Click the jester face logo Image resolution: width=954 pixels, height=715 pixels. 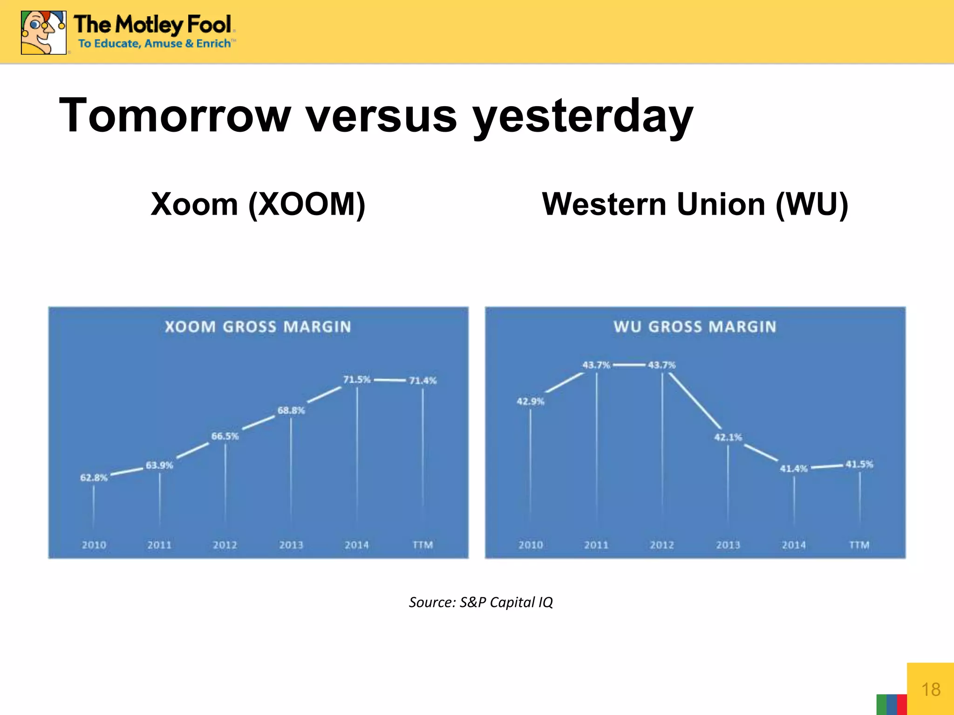43,33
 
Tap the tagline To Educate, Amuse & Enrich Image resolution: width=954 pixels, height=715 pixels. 155,44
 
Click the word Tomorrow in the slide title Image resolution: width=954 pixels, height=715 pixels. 175,116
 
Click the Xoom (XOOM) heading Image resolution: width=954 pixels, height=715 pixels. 258,204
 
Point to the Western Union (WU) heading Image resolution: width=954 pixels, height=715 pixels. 695,204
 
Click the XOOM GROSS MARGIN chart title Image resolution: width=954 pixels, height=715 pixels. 258,327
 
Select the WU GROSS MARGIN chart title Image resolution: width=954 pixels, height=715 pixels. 695,327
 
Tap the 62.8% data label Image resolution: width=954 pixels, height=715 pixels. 94,478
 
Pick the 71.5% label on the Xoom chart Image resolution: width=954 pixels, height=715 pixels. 357,379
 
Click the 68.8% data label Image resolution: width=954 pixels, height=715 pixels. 291,410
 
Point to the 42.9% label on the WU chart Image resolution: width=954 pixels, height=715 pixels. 530,401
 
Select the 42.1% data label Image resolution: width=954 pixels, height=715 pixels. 728,437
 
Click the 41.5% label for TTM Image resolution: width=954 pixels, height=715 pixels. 859,464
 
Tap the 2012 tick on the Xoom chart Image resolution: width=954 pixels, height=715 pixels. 225,545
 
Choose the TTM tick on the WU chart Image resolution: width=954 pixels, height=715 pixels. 859,545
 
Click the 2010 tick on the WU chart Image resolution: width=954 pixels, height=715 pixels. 531,545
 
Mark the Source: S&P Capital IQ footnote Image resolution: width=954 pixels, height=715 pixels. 481,602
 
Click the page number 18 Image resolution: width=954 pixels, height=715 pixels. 931,689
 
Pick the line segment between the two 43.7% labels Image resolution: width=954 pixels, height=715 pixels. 629,365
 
